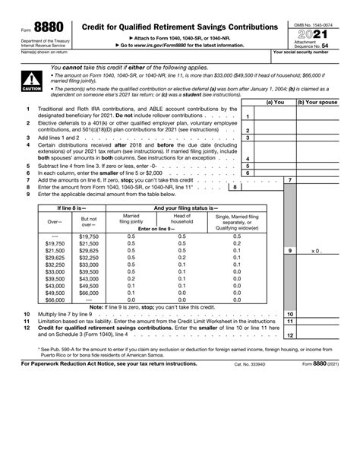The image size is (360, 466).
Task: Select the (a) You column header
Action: tap(275, 101)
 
